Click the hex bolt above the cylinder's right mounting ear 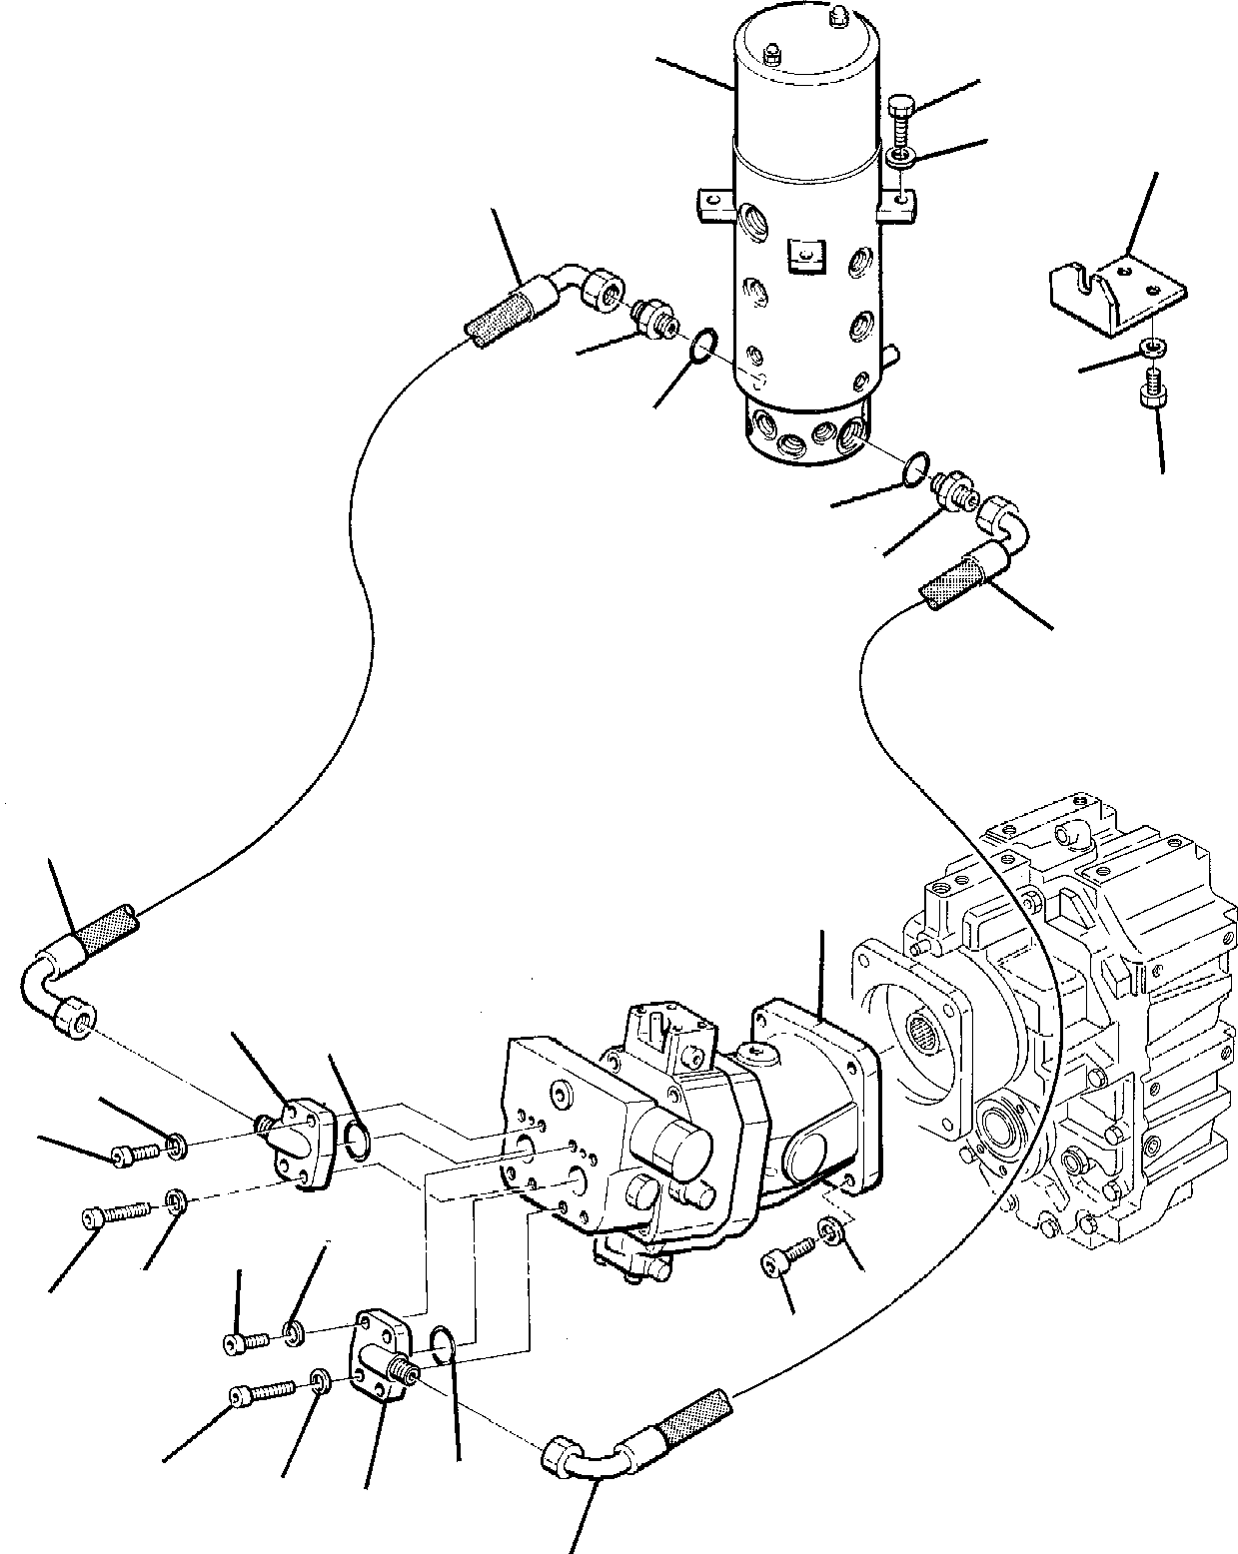coord(897,118)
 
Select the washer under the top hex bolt coord(900,156)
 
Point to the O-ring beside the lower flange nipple coord(445,1345)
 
